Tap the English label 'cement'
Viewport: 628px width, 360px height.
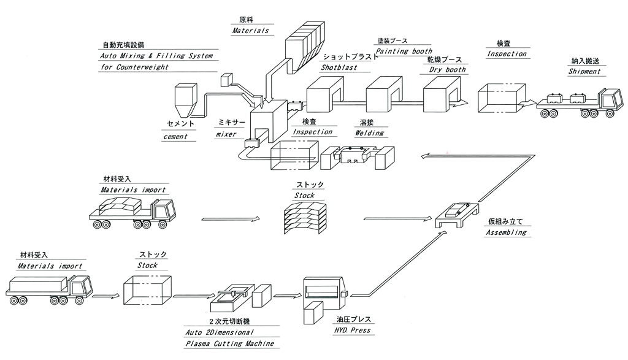point(175,137)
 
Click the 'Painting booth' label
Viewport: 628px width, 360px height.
point(404,52)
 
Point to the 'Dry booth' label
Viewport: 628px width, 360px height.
point(446,70)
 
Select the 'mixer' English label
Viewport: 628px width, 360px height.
point(226,134)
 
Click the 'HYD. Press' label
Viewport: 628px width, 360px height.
point(351,331)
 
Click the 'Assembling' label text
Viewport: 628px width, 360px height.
point(505,233)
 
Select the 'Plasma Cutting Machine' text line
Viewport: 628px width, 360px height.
point(229,344)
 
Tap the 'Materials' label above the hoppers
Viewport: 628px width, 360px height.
point(250,30)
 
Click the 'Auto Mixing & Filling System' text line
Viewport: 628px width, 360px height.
point(156,56)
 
